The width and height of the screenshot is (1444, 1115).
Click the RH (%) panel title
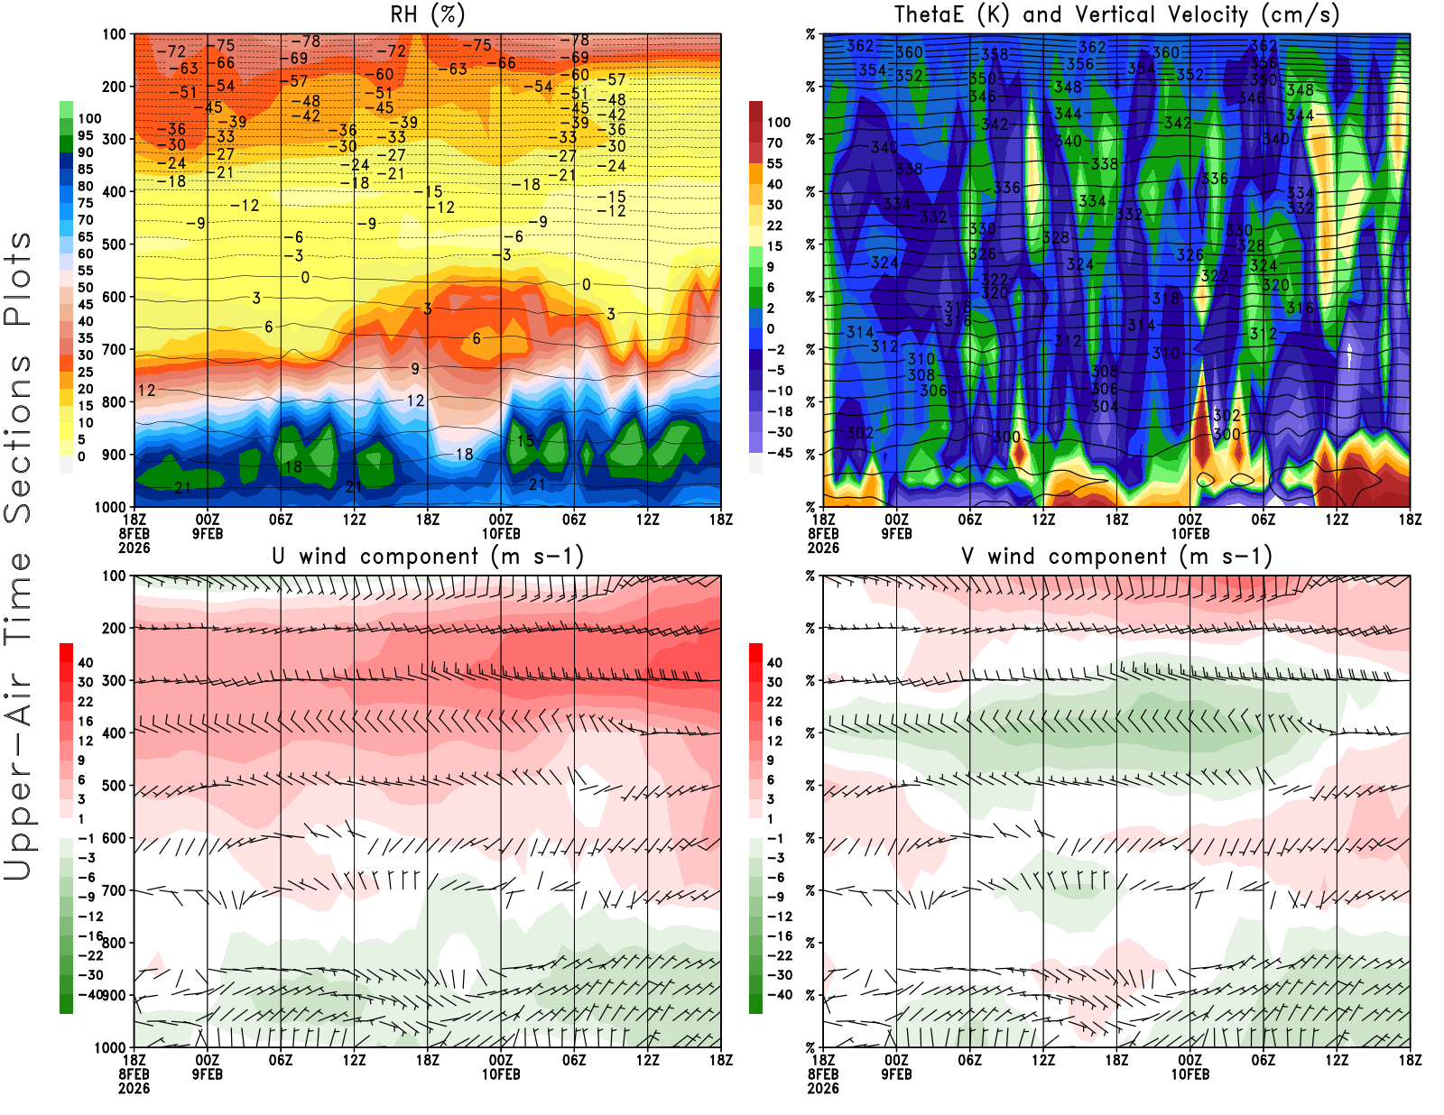[x=428, y=14]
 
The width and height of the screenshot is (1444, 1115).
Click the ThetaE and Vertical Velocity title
[x=1116, y=14]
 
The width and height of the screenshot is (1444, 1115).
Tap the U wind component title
[x=428, y=556]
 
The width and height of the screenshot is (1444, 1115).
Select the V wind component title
[x=1116, y=556]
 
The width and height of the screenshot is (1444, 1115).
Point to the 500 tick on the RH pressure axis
[x=115, y=244]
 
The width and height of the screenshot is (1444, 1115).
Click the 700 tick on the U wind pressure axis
[x=115, y=890]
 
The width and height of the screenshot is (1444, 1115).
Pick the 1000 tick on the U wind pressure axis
[x=111, y=1047]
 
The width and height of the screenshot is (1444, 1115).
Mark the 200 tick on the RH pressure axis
[x=115, y=87]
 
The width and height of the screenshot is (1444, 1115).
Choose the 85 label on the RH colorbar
[x=86, y=170]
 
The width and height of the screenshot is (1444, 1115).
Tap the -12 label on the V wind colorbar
[x=780, y=917]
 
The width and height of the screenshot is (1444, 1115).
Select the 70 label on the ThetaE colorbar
[x=774, y=143]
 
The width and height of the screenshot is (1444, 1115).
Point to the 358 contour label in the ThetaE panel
[x=995, y=54]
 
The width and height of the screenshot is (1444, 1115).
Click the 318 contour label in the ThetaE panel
[x=1165, y=299]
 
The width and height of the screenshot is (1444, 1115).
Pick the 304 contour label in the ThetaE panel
[x=1105, y=406]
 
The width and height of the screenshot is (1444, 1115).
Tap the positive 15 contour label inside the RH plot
[x=525, y=441]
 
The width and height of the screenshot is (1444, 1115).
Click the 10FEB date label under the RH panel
[x=501, y=533]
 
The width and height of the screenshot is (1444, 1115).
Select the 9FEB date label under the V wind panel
[x=896, y=1074]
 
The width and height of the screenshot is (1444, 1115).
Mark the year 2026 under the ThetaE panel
[x=823, y=548]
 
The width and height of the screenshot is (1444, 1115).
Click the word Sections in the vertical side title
[x=18, y=438]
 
